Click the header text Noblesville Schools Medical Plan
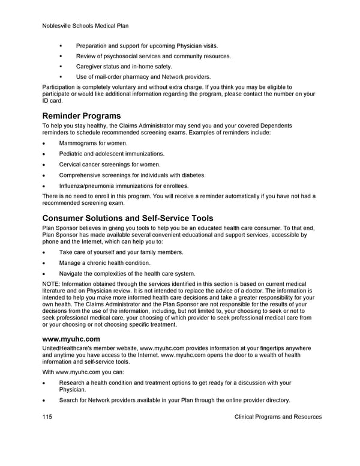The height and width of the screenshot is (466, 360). [86, 26]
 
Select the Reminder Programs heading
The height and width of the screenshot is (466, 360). [81, 115]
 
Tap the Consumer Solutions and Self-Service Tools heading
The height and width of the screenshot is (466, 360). [128, 218]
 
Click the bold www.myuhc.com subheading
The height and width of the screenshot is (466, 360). [71, 339]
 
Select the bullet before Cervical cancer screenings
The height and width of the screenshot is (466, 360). [44, 165]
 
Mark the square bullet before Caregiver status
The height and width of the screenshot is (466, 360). [61, 67]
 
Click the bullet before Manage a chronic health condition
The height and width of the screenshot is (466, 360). [44, 263]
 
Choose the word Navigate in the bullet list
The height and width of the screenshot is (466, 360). [72, 274]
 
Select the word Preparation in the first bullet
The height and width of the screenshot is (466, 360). [93, 46]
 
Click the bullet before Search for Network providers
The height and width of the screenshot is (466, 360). [44, 401]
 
